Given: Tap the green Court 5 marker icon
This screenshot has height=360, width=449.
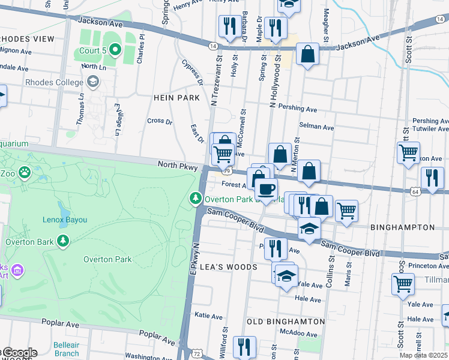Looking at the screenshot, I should (x=116, y=50).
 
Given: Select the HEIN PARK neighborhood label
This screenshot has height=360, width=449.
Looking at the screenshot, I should (x=176, y=97).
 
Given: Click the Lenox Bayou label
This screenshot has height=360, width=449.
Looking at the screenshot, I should (x=64, y=220).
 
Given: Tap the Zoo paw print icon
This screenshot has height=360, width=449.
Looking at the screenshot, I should (x=24, y=172).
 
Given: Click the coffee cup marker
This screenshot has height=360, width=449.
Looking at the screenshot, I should (x=266, y=190).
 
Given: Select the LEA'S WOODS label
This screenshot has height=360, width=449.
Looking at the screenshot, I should (x=228, y=267).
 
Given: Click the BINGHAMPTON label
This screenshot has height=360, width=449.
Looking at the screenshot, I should (x=402, y=227).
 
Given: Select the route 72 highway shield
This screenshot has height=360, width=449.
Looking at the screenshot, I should (x=196, y=354).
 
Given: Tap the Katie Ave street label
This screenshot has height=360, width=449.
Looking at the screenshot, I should (x=209, y=314).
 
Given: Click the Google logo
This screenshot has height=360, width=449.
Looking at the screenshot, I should (x=19, y=353).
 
